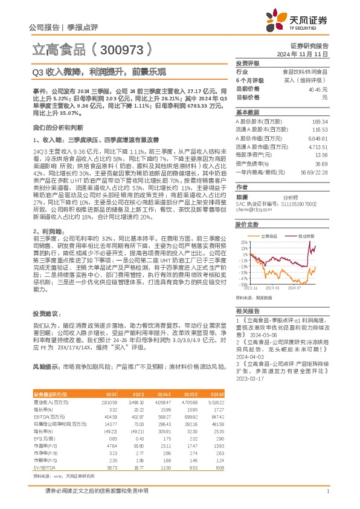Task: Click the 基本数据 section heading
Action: pyautogui.click(x=248, y=112)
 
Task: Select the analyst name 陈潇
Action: pyautogui.click(x=242, y=197)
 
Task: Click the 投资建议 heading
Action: pyautogui.click(x=46, y=313)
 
